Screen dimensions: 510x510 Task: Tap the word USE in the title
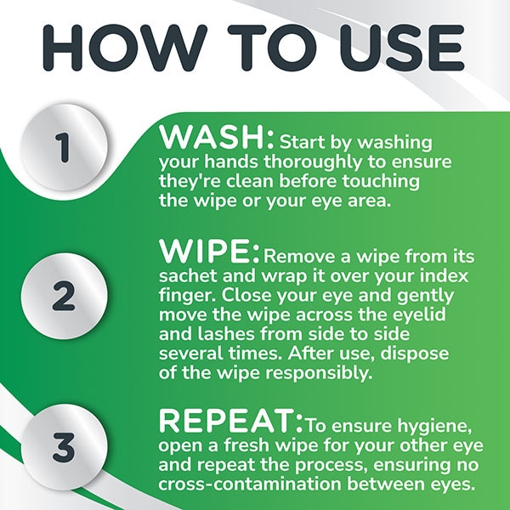click(x=402, y=48)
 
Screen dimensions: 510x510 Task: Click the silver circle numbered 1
click(x=64, y=147)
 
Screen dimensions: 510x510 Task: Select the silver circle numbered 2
click(x=64, y=296)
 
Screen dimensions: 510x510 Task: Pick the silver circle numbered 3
click(x=64, y=447)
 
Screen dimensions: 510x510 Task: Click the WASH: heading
click(x=217, y=138)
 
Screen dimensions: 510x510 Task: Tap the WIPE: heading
click(x=209, y=252)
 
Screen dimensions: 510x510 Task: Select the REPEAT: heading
click(x=231, y=421)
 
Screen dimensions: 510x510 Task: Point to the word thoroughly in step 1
click(x=313, y=162)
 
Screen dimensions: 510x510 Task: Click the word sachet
click(x=188, y=275)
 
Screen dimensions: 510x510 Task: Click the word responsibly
click(x=319, y=373)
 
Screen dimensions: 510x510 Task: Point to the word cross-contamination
click(x=250, y=484)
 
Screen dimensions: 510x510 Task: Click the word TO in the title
click(x=272, y=48)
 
